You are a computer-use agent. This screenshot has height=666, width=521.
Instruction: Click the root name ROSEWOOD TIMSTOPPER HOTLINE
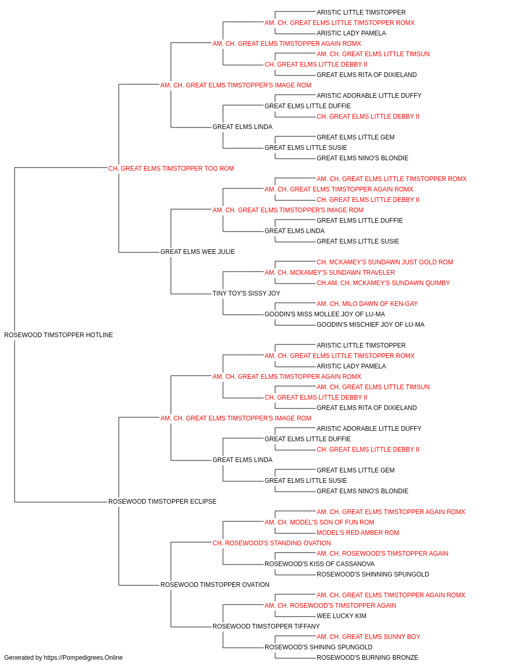point(58,335)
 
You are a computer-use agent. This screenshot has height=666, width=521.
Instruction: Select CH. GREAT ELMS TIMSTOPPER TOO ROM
point(171,169)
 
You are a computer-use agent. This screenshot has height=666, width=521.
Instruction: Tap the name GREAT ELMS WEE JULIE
point(197,252)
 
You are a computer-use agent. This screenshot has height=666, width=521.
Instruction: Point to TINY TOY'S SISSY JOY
point(246,293)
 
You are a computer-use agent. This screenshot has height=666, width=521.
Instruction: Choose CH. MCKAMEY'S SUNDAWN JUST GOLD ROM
point(385,262)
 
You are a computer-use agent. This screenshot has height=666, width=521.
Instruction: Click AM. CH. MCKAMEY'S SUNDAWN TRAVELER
point(330,273)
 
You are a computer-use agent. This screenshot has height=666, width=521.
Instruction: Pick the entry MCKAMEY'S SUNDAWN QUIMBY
point(383,283)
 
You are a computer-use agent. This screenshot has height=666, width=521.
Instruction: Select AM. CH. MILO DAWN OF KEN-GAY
point(367,304)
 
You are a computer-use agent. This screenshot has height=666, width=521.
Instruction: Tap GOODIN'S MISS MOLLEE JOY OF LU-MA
point(325,314)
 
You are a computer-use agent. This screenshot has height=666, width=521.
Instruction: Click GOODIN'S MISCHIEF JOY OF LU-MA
point(370,325)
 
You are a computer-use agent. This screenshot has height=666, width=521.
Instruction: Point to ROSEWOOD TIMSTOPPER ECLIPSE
point(163,502)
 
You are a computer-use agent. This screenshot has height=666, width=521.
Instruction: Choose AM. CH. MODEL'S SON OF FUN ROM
point(319,522)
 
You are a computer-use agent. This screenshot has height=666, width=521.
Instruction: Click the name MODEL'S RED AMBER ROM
point(358,533)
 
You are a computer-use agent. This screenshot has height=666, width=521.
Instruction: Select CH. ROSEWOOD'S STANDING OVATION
point(271,543)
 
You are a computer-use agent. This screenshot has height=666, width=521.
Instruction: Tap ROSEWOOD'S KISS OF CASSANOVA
point(319,564)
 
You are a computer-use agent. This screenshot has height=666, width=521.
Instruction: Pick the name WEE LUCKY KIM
point(341,616)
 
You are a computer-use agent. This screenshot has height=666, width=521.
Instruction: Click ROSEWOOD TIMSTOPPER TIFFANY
point(266,626)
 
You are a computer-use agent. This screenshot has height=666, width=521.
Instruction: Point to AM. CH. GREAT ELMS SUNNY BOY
point(368,637)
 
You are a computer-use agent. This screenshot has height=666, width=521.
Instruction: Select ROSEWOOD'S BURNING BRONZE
point(367,658)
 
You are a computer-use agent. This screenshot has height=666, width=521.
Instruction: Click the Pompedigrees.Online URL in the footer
point(83,658)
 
